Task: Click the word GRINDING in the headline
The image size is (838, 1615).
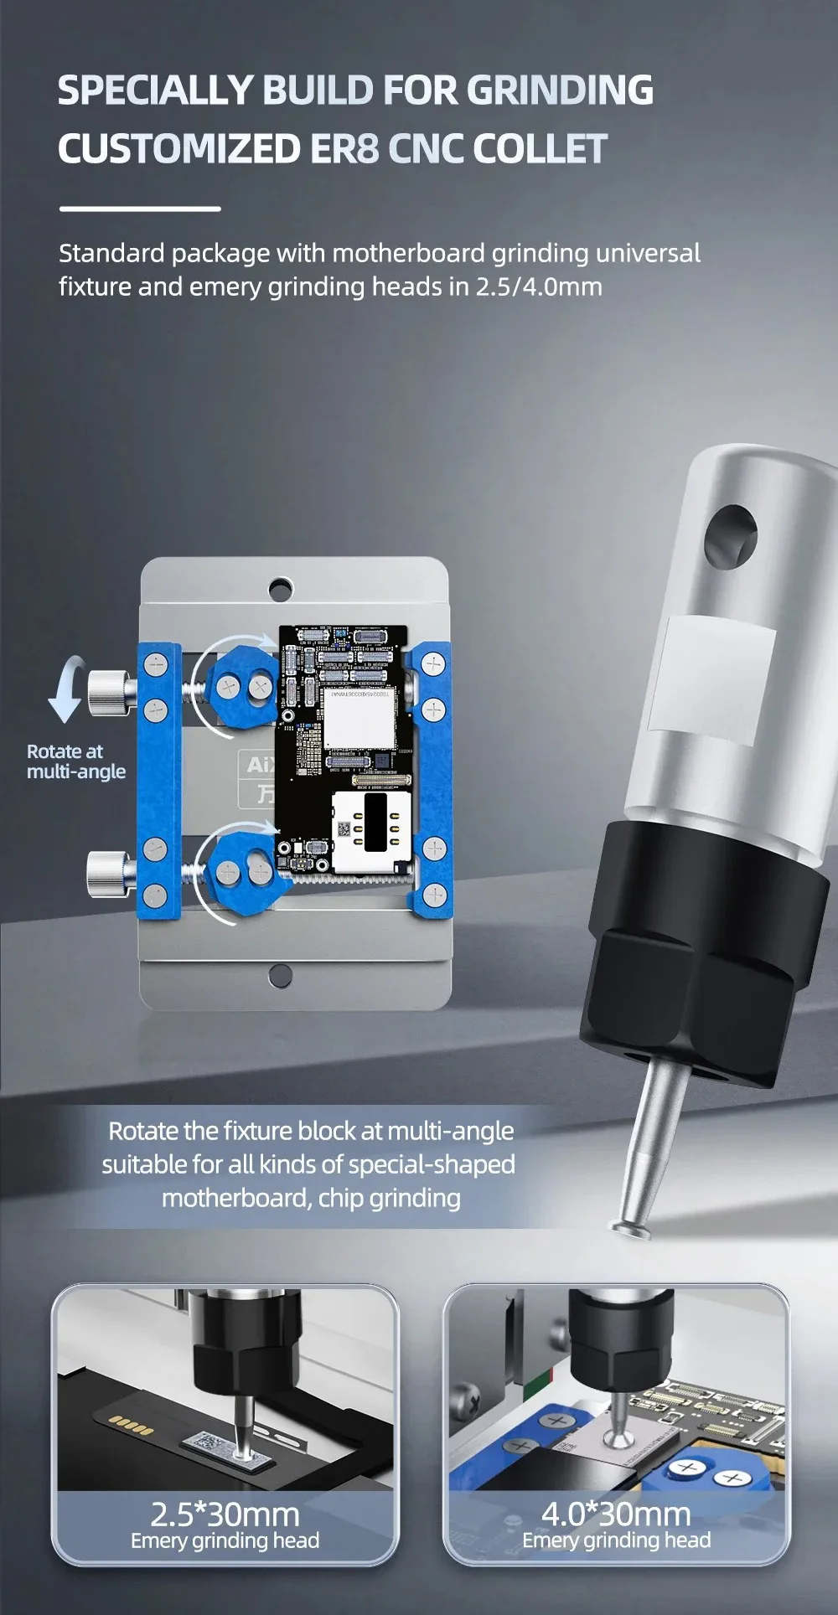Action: pyautogui.click(x=560, y=90)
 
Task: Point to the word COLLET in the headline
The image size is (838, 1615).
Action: pyautogui.click(x=540, y=149)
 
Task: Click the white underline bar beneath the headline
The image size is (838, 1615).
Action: pyautogui.click(x=139, y=209)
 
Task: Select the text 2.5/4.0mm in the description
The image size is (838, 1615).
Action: pyautogui.click(x=539, y=286)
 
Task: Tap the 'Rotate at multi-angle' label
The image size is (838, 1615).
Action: pyautogui.click(x=75, y=761)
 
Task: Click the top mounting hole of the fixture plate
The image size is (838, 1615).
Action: pyautogui.click(x=281, y=587)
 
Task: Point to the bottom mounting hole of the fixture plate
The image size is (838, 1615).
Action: pyautogui.click(x=281, y=974)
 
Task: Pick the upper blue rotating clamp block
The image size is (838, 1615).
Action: pyautogui.click(x=243, y=686)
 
